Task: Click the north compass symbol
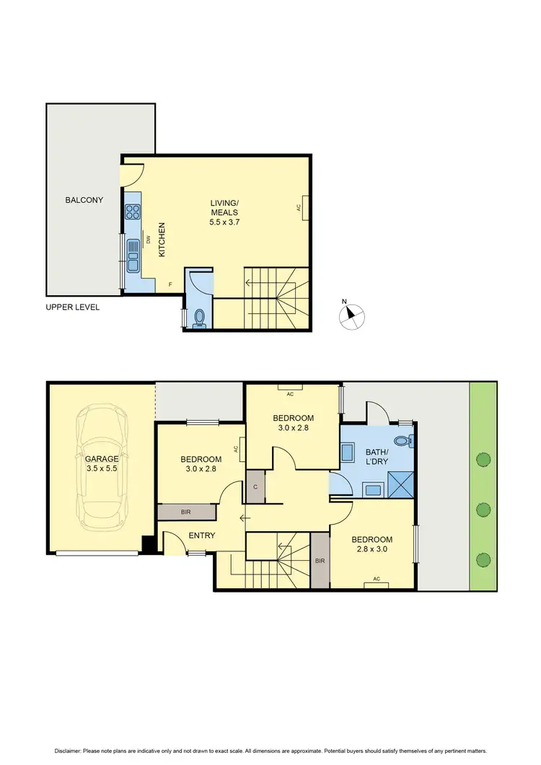click(351, 314)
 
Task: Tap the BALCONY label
click(84, 200)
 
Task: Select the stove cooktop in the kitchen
click(133, 211)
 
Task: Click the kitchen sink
click(133, 255)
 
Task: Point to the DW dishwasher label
click(148, 240)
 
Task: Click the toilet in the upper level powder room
click(198, 318)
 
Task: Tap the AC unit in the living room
click(306, 207)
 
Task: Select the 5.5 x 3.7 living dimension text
click(225, 224)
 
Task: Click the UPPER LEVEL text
click(73, 307)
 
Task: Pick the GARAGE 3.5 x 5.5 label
click(102, 463)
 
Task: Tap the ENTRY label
click(202, 535)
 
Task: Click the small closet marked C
click(256, 486)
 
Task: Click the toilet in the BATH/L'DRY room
click(402, 440)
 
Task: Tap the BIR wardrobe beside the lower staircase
click(320, 561)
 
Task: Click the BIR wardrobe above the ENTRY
click(186, 512)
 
